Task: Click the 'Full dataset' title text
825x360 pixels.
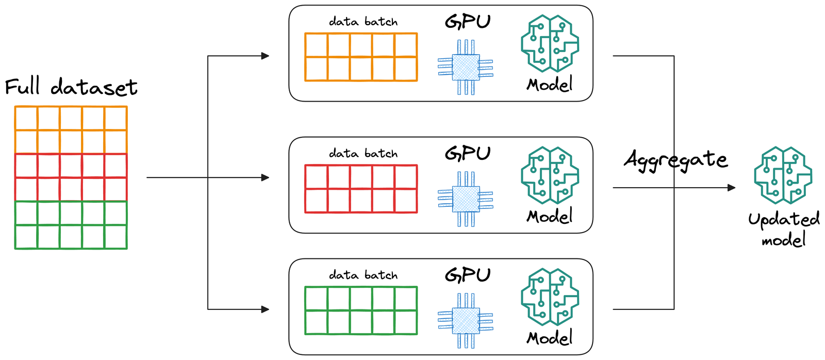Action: [71, 87]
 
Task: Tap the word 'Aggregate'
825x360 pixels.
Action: [675, 160]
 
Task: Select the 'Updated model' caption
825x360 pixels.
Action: [784, 230]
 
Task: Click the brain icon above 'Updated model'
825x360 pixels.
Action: [783, 175]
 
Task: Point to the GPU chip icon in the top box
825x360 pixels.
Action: [466, 67]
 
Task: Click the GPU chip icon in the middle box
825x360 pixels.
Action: [466, 199]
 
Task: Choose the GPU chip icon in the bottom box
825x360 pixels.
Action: [466, 321]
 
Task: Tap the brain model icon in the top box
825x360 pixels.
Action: [550, 44]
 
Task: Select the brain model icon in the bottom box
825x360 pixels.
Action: [550, 297]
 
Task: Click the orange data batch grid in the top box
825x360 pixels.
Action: [361, 57]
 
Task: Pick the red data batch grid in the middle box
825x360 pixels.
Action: [361, 189]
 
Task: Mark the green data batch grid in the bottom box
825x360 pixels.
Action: [361, 310]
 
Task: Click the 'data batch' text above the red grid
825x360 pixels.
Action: [364, 154]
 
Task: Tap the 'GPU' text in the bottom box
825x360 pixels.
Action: [468, 275]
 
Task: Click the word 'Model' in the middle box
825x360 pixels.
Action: [550, 216]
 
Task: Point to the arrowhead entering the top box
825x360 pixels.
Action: [265, 56]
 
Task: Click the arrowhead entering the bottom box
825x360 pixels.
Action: [265, 309]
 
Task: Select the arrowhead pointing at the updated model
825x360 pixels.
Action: [731, 188]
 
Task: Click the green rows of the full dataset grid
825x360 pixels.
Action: [71, 225]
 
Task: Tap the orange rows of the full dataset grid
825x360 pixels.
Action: [71, 130]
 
